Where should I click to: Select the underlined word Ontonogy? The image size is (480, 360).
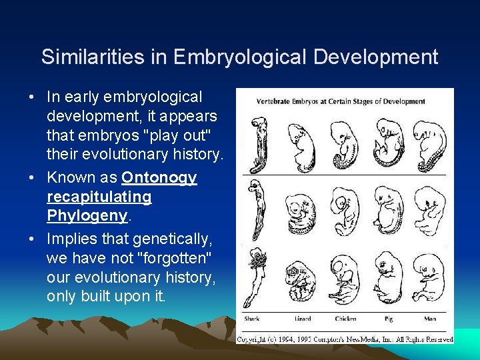click(x=159, y=178)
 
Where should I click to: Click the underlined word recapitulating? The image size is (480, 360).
click(x=99, y=197)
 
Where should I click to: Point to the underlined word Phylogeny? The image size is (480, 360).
click(x=87, y=216)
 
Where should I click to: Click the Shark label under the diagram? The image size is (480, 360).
click(x=252, y=318)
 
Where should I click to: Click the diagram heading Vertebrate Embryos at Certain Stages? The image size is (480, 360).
click(x=341, y=101)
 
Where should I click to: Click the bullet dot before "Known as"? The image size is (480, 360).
click(x=31, y=179)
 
